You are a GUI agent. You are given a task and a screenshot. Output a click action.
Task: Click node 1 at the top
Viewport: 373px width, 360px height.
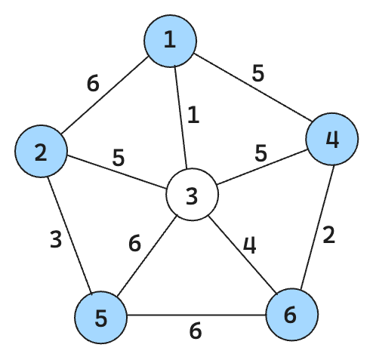170,41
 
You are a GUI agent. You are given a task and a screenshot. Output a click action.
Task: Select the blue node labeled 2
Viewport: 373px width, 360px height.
41,151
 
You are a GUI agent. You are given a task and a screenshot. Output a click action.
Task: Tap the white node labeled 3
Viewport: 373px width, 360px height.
192,195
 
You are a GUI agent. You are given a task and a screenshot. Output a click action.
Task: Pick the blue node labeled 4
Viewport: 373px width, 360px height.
332,139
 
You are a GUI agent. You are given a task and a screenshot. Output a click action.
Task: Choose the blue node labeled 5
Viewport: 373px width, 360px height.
100,318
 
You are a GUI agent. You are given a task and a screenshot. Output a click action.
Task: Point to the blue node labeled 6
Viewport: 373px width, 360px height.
292,315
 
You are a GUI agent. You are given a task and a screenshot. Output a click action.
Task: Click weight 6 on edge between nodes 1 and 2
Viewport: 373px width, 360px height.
93,84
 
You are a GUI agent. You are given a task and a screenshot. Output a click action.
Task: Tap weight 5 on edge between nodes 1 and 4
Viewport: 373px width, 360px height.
258,73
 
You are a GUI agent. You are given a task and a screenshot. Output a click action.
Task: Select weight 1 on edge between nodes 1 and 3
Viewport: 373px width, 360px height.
193,115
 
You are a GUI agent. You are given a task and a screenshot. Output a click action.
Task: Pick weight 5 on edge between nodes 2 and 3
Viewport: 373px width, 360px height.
119,158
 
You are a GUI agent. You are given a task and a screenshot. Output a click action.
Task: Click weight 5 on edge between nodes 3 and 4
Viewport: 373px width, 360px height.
260,153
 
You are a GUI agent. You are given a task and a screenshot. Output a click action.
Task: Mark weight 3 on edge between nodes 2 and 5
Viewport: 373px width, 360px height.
56,239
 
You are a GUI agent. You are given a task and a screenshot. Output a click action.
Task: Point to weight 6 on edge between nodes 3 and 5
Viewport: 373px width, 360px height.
134,243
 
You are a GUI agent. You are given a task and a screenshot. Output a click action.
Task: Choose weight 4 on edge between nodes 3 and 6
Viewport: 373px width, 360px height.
250,245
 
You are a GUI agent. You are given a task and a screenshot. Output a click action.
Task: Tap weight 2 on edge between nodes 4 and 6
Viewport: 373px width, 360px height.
329,235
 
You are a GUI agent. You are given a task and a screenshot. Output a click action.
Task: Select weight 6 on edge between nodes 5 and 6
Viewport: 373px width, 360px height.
196,331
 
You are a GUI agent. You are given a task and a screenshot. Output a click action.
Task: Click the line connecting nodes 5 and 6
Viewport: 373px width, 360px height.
196,315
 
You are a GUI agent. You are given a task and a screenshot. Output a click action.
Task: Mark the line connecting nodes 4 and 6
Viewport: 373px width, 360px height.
317,227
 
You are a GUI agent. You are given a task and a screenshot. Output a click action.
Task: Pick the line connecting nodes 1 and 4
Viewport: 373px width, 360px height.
252,87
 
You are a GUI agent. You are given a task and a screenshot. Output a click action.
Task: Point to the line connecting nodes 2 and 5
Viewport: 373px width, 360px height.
70,235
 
